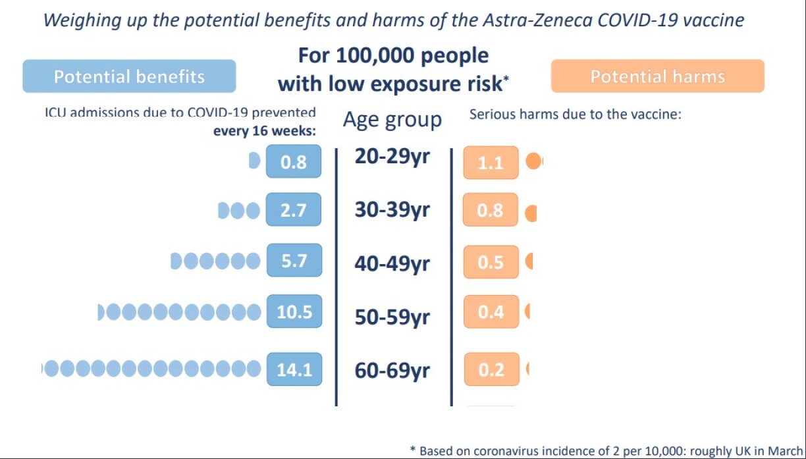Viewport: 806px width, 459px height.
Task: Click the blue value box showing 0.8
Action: [x=294, y=161]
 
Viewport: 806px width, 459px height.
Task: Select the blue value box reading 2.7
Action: [x=294, y=210]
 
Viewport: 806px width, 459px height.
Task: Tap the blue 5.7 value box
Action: [x=294, y=261]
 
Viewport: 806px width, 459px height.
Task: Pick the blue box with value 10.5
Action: [x=294, y=311]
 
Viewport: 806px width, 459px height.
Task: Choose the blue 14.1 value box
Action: [x=294, y=369]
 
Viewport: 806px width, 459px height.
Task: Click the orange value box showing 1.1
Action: [x=491, y=163]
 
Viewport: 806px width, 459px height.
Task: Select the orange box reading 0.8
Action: [x=491, y=211]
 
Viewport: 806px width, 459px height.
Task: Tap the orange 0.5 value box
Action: [x=491, y=262]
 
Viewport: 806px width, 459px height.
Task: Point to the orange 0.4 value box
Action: [x=491, y=311]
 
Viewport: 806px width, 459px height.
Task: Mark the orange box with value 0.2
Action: [x=491, y=369]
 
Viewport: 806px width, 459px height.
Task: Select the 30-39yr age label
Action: [x=392, y=210]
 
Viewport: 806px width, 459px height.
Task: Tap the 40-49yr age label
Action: [x=392, y=263]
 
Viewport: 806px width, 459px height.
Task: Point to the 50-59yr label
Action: [x=392, y=317]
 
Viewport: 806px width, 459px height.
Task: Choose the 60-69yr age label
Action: [x=392, y=371]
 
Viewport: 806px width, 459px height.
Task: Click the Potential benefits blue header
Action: [x=129, y=76]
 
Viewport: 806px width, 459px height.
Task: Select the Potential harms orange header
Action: [x=657, y=76]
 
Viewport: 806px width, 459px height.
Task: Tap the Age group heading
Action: [x=392, y=120]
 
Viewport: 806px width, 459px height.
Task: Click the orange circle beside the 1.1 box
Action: [x=534, y=162]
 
